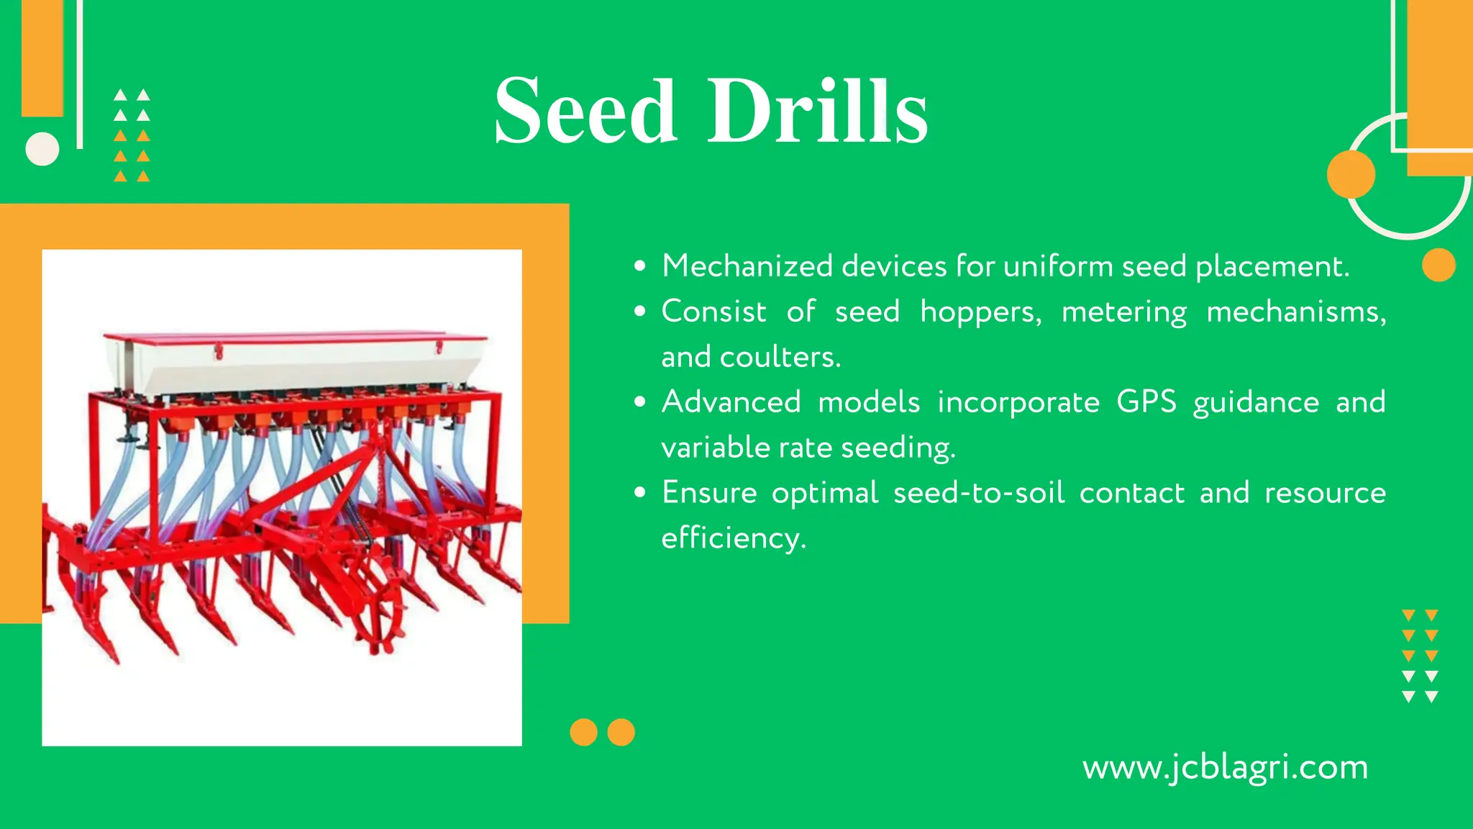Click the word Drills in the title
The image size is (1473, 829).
[x=818, y=112]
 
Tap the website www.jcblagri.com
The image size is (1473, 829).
[x=1225, y=767]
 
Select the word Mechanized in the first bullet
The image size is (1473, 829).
[x=747, y=266]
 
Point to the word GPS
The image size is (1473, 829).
[x=1146, y=402]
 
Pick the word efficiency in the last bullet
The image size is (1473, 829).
[x=733, y=538]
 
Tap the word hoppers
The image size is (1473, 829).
[x=980, y=312]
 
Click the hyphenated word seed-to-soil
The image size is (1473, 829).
[x=978, y=493]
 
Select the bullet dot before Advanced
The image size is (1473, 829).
[x=640, y=402]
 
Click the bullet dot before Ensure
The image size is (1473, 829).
[x=640, y=493]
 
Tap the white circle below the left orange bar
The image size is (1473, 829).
[x=42, y=149]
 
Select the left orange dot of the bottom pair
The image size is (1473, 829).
[x=583, y=733]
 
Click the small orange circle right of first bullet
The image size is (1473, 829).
[x=1438, y=265]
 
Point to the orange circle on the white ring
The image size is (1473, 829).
[x=1351, y=174]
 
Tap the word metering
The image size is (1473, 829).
[x=1123, y=312]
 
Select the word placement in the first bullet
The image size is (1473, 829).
[x=1272, y=266]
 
